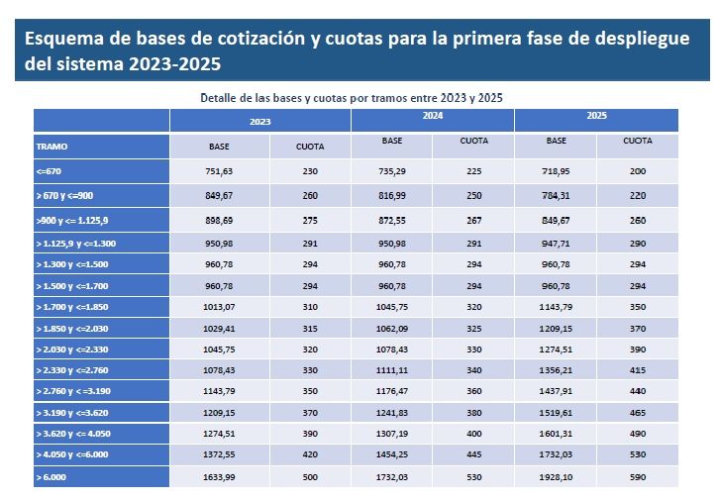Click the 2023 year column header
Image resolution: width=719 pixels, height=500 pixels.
tap(260, 121)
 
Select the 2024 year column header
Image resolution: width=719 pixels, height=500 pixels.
tap(433, 117)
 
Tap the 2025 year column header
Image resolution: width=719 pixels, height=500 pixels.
tap(596, 117)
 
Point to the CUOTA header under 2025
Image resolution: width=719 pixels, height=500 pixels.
tap(637, 142)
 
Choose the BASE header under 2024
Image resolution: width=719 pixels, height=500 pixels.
tap(391, 142)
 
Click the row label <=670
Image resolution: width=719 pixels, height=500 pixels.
tap(50, 171)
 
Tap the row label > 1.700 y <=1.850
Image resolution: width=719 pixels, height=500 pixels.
tap(75, 307)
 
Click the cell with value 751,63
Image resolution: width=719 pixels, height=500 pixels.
tap(219, 171)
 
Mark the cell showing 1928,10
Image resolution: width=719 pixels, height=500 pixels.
tap(556, 476)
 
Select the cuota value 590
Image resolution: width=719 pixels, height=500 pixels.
tap(637, 476)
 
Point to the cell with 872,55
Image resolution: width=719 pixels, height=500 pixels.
tap(391, 218)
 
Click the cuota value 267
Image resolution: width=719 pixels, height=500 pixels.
tap(473, 218)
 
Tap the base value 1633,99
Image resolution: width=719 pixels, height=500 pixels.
tap(219, 476)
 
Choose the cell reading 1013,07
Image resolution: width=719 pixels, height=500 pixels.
tap(219, 307)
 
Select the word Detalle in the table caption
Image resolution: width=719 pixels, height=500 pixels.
tap(224, 98)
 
